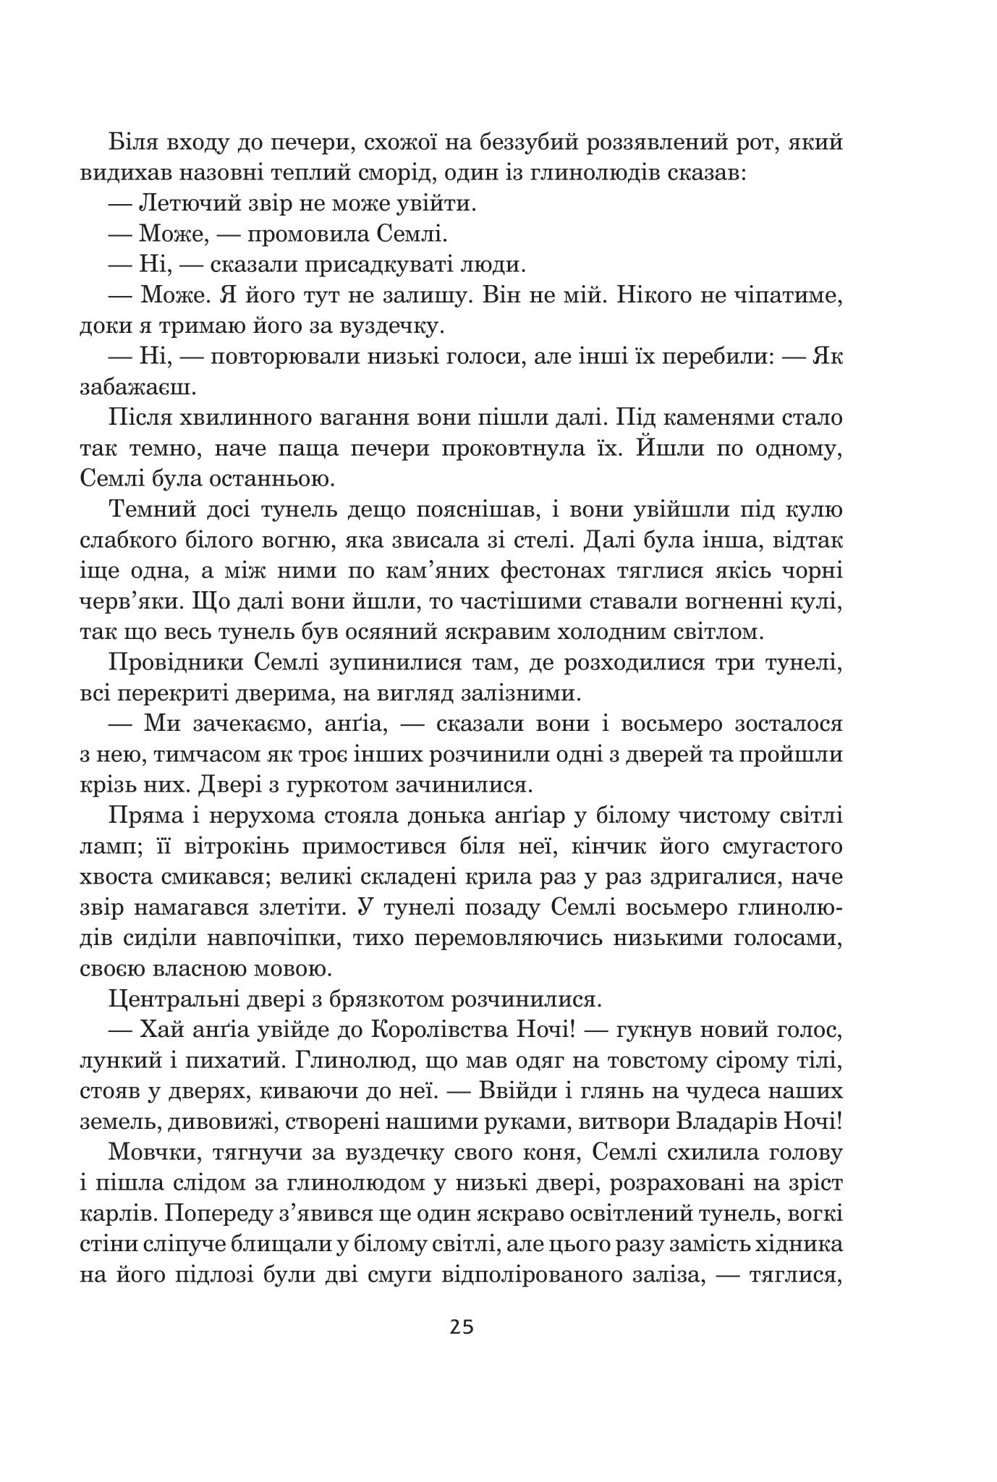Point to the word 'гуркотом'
pos(347,785)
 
